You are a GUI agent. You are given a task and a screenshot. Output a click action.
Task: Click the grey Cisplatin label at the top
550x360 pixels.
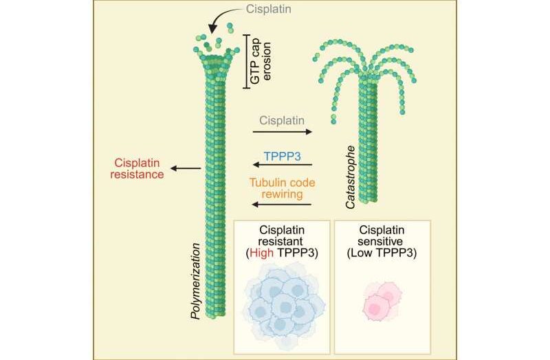click(x=268, y=9)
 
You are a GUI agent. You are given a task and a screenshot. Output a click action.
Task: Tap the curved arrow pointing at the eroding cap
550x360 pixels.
click(x=221, y=16)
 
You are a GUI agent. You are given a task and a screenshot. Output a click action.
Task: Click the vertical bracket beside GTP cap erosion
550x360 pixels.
click(x=247, y=61)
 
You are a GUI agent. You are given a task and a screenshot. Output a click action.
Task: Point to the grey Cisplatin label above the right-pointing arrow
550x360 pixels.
click(x=282, y=121)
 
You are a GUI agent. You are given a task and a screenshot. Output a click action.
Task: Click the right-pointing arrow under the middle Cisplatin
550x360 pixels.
click(x=283, y=132)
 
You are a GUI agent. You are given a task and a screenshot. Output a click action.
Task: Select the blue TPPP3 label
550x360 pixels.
click(x=283, y=157)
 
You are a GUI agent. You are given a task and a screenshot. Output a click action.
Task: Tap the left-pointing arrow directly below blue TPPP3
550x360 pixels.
click(x=283, y=165)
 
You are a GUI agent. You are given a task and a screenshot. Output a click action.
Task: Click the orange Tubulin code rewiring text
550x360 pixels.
click(x=282, y=188)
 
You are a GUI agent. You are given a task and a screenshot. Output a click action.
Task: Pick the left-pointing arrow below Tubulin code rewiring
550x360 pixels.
click(x=282, y=204)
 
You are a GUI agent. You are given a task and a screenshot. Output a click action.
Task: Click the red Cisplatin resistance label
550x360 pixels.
click(x=137, y=168)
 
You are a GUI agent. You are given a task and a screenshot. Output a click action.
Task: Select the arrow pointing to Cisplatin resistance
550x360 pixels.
click(x=186, y=168)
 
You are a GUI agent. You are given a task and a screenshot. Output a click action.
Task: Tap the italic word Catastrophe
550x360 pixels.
click(x=351, y=177)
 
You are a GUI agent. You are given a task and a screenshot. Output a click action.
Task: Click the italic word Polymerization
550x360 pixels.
click(x=195, y=281)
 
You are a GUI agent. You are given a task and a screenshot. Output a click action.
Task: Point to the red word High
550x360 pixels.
click(x=262, y=253)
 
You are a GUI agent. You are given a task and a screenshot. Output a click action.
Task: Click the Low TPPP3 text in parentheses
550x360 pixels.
click(x=382, y=253)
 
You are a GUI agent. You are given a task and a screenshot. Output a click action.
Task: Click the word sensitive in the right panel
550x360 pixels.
click(x=382, y=242)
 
